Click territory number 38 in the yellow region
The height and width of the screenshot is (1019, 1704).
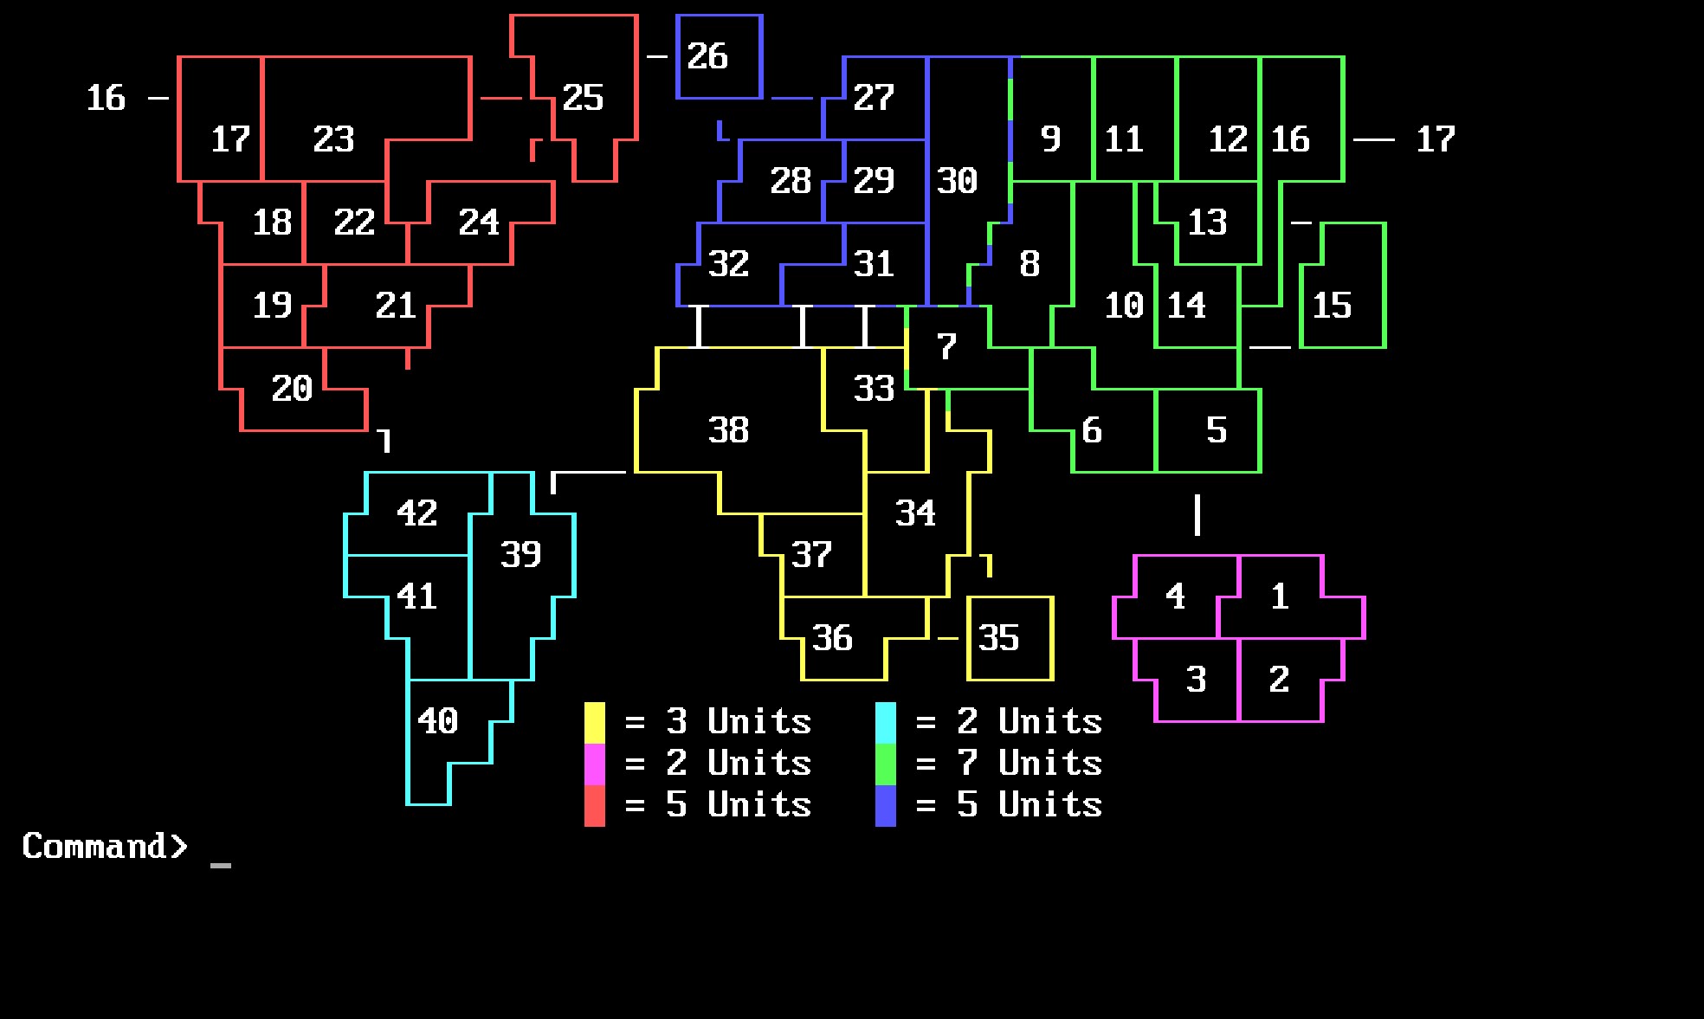pyautogui.click(x=728, y=430)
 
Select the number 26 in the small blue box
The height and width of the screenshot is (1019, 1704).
pyautogui.click(x=707, y=56)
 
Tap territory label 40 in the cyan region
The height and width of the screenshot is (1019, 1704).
pyautogui.click(x=437, y=721)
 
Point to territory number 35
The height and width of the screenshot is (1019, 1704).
pyautogui.click(x=998, y=638)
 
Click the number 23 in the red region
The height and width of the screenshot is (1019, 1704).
pyautogui.click(x=333, y=139)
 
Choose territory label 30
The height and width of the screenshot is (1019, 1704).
pyautogui.click(x=957, y=181)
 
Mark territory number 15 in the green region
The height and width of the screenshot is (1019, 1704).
pyautogui.click(x=1332, y=306)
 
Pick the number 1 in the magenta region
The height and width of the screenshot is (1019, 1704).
pyautogui.click(x=1280, y=597)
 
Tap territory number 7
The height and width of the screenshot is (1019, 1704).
pyautogui.click(x=946, y=347)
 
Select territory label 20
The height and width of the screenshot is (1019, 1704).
pyautogui.click(x=292, y=389)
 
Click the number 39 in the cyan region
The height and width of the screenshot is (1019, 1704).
pyautogui.click(x=520, y=555)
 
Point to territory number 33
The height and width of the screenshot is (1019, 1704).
pyautogui.click(x=874, y=389)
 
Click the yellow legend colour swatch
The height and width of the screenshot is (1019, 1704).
pyautogui.click(x=595, y=723)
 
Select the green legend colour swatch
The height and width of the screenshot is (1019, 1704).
pyautogui.click(x=886, y=764)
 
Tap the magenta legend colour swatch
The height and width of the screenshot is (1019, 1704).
pyautogui.click(x=595, y=764)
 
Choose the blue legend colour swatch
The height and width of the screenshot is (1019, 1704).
pyautogui.click(x=886, y=806)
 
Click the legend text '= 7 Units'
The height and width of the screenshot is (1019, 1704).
pyautogui.click(x=1009, y=764)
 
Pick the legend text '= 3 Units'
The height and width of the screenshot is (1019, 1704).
pyautogui.click(x=718, y=722)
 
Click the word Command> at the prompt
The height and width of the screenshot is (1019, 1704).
pyautogui.click(x=105, y=846)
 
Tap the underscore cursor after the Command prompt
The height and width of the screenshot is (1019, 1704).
pyautogui.click(x=221, y=864)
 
